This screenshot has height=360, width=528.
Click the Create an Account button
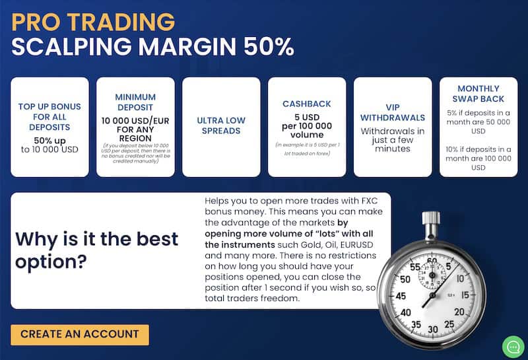click(x=79, y=334)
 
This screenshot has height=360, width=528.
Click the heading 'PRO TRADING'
click(x=93, y=22)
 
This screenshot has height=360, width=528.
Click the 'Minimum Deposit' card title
click(x=135, y=101)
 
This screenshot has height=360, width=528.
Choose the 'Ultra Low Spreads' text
click(x=221, y=126)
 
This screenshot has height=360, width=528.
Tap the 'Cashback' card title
click(x=307, y=104)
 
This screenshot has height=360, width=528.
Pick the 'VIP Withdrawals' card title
click(x=393, y=112)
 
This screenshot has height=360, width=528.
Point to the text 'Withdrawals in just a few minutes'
click(x=393, y=140)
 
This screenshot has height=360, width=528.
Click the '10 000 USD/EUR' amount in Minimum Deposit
click(x=135, y=121)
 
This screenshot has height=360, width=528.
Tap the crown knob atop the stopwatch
click(x=431, y=219)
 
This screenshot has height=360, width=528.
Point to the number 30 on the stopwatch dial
click(x=433, y=329)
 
